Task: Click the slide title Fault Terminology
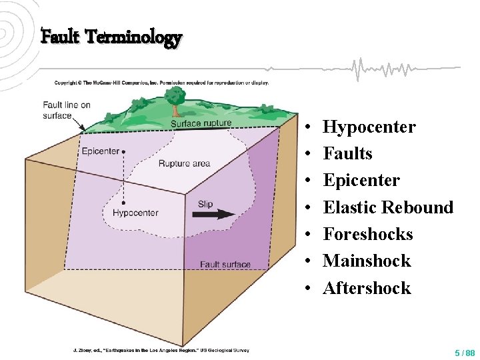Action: [111, 37]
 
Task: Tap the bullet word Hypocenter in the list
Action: [369, 127]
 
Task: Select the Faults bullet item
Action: [347, 153]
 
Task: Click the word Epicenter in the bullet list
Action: [361, 180]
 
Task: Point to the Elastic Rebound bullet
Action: [388, 207]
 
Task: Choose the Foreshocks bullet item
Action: [368, 234]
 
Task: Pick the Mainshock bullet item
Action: [367, 261]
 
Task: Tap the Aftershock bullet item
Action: [367, 288]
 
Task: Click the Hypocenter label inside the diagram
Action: [135, 213]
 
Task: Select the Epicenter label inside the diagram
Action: [101, 151]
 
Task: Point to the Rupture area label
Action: [184, 163]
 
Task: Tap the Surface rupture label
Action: [201, 123]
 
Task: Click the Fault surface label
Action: [225, 265]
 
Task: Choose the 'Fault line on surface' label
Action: [67, 110]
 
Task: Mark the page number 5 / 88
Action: [465, 352]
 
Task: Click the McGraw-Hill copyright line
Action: [161, 83]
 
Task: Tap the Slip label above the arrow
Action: [205, 203]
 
